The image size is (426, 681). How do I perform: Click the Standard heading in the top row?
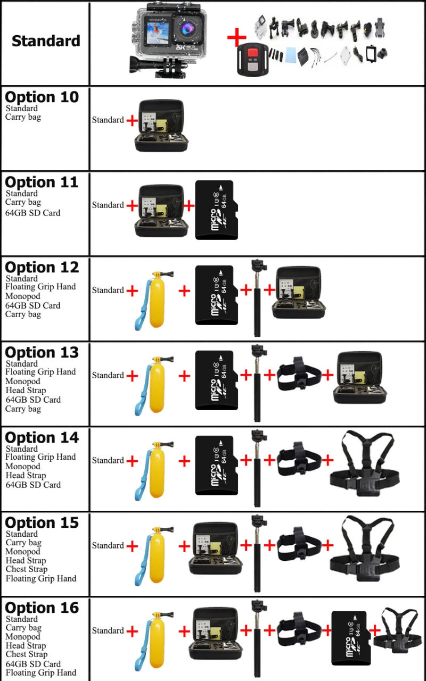46,41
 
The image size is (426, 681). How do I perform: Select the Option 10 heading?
42,97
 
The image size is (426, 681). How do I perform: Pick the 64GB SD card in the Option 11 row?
216,210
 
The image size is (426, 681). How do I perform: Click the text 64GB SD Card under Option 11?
33,213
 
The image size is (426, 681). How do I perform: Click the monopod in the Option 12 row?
258,298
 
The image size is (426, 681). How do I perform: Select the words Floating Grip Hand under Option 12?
40,287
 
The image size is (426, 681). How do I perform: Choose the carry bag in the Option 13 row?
360,379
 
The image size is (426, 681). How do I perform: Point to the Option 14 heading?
42,438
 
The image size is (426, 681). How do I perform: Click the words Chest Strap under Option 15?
27,569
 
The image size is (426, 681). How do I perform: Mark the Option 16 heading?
42,608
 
